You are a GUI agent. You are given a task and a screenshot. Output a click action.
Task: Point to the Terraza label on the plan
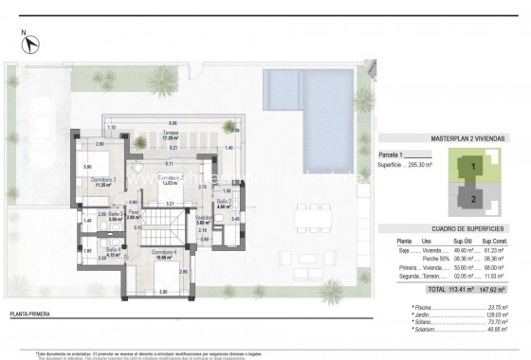(173, 135)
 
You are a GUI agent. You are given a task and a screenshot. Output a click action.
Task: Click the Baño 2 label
(224, 201)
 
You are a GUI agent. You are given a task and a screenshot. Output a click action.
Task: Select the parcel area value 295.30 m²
(425, 161)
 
